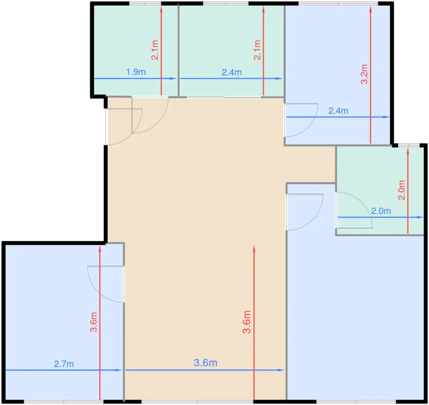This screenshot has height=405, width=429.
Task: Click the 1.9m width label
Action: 136,72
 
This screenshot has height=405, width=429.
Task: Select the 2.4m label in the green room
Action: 232,72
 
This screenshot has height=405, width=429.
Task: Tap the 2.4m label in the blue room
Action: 338,111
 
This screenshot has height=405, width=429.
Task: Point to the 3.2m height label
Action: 364,74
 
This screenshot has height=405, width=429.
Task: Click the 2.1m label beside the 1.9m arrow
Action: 155,50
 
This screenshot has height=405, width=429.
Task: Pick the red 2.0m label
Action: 401,190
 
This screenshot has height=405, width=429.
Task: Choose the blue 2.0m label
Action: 381,211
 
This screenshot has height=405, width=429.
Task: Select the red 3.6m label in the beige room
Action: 247,322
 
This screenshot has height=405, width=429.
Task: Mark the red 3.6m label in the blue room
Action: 94,322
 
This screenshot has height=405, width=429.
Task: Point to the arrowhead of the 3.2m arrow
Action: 370,9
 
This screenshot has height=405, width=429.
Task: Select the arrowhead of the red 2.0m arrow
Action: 408,151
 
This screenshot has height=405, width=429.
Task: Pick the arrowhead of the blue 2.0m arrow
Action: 420,217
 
